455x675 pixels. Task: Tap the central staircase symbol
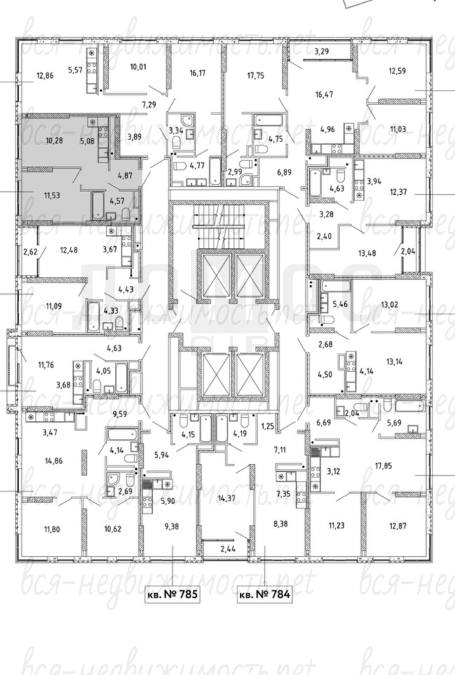218,223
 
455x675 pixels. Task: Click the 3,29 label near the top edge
322,51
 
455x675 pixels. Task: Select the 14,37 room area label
226,498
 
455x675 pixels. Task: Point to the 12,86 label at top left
45,75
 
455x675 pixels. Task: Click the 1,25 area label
267,427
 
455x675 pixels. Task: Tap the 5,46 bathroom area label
341,304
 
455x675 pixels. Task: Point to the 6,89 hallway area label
284,172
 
